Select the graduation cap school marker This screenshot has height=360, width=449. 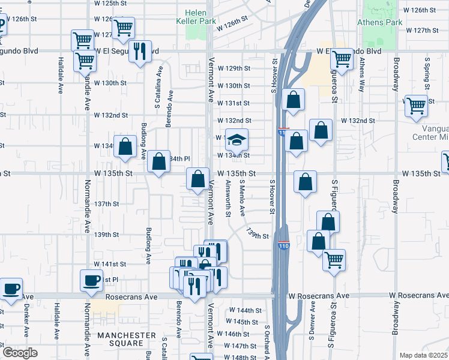click(237, 140)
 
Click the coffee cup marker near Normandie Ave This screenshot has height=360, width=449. click(92, 281)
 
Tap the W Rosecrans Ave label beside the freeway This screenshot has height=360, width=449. click(318, 296)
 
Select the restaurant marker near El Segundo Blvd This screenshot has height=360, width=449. click(140, 52)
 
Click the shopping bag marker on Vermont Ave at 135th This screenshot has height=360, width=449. click(198, 179)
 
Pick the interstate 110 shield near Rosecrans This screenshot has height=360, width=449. click(284, 246)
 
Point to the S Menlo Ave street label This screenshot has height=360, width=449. click(243, 198)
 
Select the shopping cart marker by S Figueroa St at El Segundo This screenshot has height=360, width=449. click(341, 60)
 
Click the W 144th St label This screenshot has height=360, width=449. click(246, 310)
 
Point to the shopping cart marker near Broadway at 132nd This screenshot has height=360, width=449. click(416, 106)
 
